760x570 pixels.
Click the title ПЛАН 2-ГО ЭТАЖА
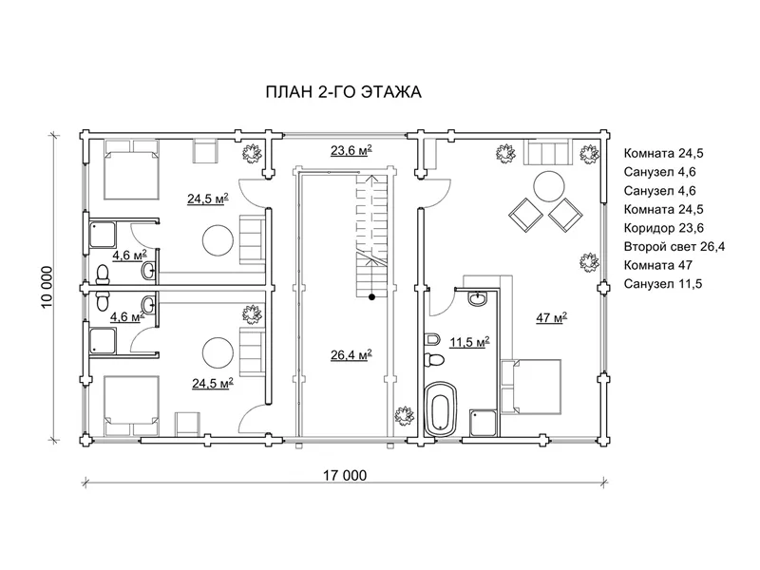(343, 91)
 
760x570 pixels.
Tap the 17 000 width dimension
(345, 476)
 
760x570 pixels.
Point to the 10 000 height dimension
(47, 288)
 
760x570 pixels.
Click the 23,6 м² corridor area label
(351, 150)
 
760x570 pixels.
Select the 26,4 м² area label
(351, 354)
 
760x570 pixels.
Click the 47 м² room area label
(552, 317)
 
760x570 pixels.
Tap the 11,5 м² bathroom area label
(469, 342)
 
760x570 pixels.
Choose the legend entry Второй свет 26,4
(674, 247)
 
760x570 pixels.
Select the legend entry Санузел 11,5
(662, 283)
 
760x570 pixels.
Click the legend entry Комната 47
(657, 265)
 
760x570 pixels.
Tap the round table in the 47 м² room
(549, 185)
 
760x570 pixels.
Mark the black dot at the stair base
(371, 297)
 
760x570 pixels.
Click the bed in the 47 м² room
(531, 387)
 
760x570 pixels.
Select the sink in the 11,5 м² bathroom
(479, 298)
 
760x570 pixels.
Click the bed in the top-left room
(132, 170)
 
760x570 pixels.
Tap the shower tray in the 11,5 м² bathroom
(483, 423)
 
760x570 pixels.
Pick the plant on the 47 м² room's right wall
(589, 262)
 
